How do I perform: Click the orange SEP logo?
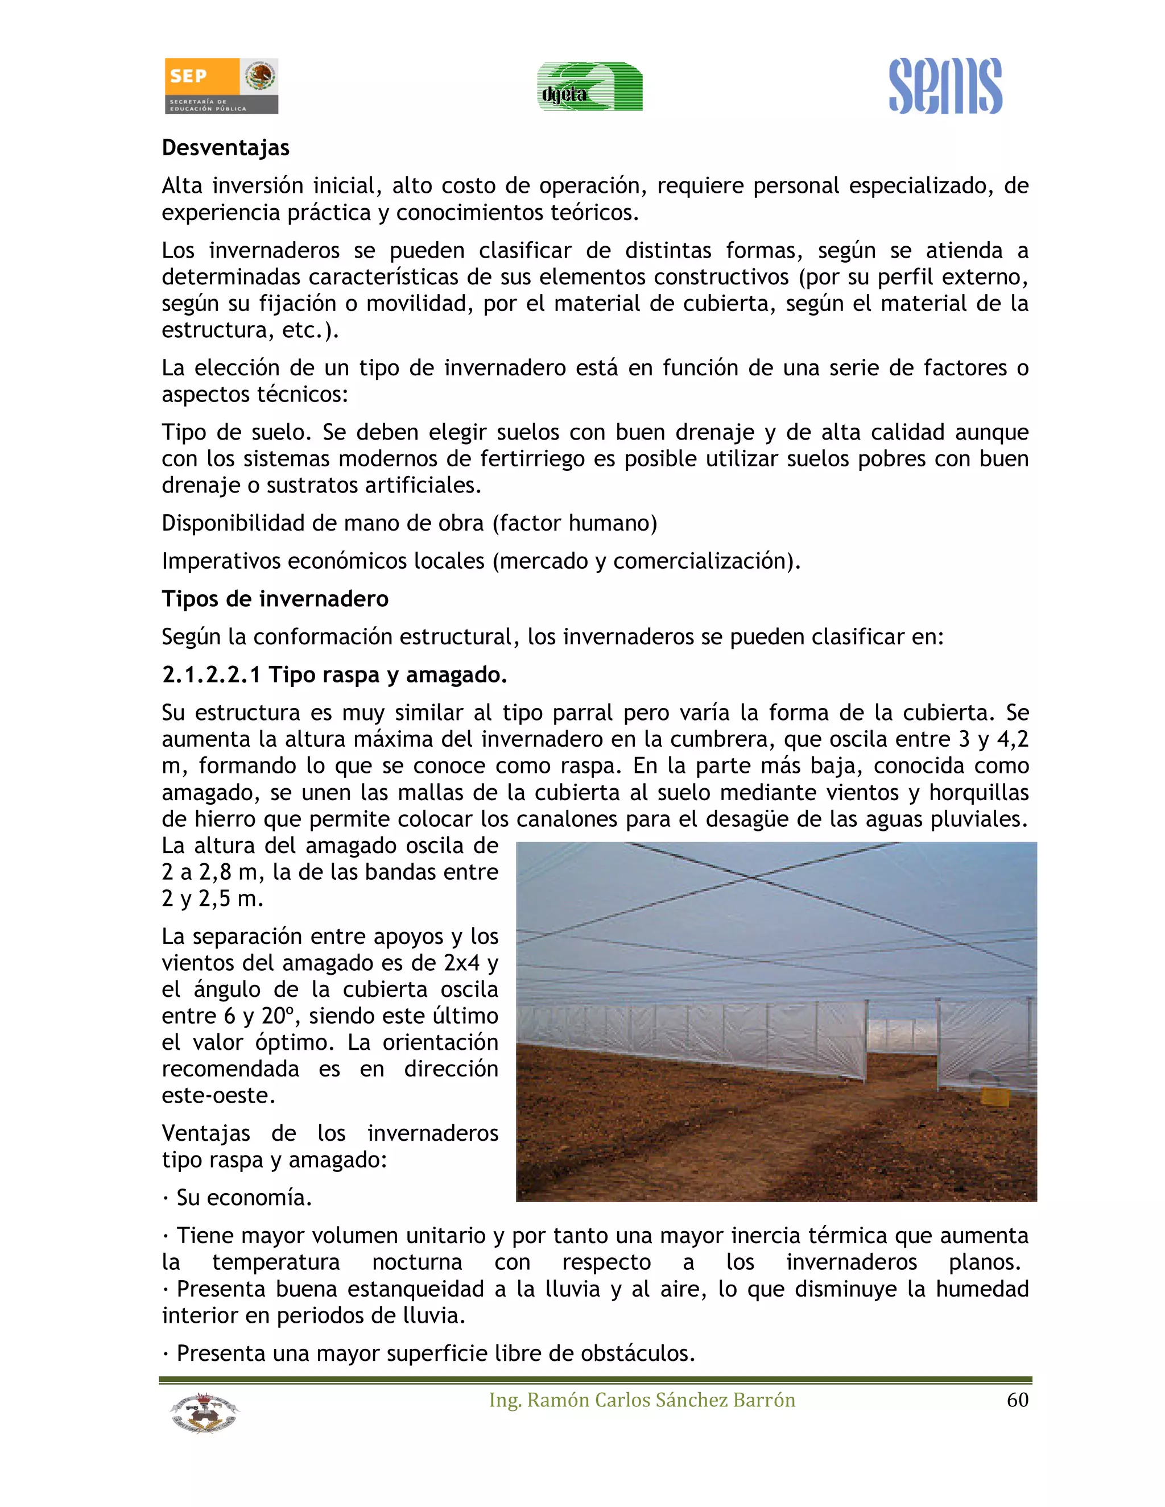point(201,85)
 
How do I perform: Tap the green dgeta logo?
point(589,87)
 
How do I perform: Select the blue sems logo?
point(945,86)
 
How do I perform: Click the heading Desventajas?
point(226,148)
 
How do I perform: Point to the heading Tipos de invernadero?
point(275,598)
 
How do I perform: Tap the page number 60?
point(1017,1400)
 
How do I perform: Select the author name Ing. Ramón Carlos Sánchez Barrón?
point(642,1400)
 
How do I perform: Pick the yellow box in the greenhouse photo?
point(994,1096)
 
